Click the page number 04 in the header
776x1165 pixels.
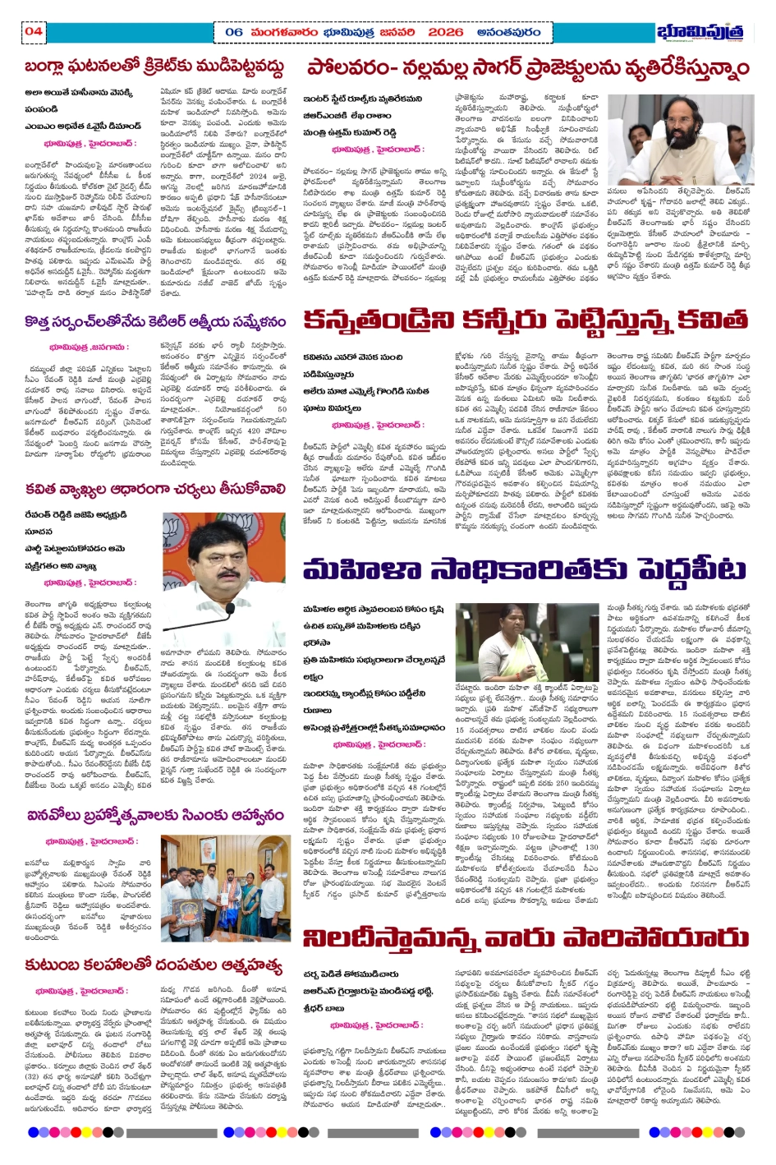(34, 32)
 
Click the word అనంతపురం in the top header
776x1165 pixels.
(508, 32)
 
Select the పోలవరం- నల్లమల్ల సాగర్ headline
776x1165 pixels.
(528, 67)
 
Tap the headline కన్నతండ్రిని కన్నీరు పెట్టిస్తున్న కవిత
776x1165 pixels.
(526, 319)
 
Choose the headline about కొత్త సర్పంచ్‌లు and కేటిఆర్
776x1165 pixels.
(155, 322)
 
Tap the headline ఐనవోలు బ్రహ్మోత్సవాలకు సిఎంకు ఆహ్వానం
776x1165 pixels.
(155, 815)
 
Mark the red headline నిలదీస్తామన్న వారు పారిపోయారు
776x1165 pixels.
(526, 937)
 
